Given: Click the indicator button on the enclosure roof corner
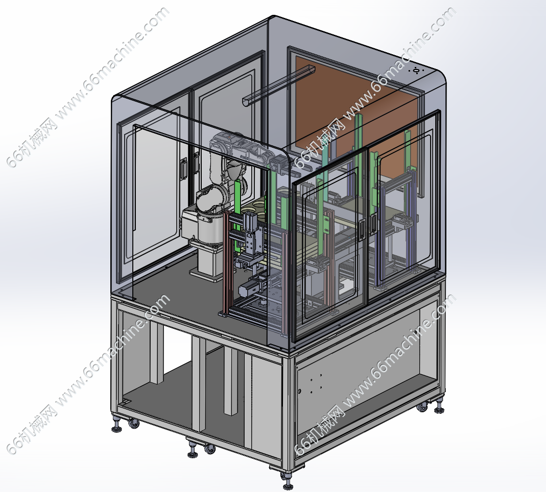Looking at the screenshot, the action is coord(416,71).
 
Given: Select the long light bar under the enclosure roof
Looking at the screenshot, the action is coord(278,84).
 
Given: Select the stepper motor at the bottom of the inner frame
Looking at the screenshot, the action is coord(249,288).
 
